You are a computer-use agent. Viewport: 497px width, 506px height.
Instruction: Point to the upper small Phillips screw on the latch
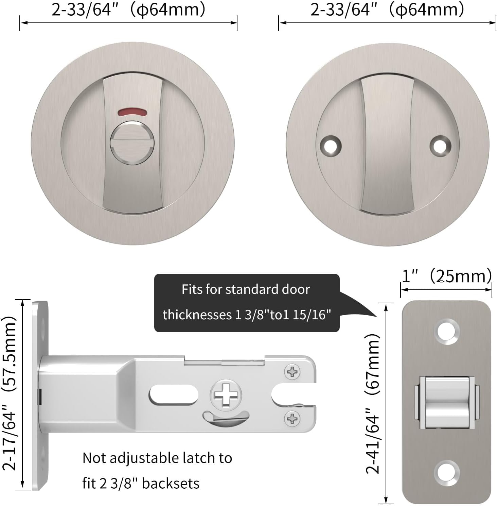point(292,372)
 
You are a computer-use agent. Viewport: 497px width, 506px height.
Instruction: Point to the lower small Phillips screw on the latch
point(292,418)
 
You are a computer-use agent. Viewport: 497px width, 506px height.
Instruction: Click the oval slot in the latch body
point(173,394)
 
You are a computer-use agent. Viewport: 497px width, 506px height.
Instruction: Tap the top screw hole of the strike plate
point(447,331)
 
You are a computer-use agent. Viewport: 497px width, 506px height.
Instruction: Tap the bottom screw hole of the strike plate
point(447,472)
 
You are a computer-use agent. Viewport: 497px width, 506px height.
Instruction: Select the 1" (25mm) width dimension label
point(446,276)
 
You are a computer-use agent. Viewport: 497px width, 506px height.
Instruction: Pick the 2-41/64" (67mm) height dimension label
point(373,403)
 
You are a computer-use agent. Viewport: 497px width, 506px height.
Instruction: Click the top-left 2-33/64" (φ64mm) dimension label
point(128,9)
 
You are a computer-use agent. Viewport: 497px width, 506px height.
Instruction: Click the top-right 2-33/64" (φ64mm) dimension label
point(387,9)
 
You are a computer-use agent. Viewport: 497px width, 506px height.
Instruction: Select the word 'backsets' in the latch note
point(171,483)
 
